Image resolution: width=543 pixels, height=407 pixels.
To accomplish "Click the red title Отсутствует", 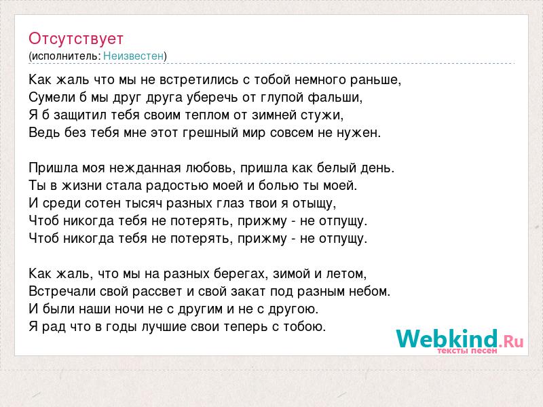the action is pos(76,39).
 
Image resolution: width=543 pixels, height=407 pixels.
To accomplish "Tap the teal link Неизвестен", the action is pos(133,56).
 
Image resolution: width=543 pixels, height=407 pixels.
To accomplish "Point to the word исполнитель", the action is pos(65,56).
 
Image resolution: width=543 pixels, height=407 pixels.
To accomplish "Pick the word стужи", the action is pos(322,115).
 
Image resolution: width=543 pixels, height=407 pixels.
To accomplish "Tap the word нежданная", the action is pos(150,168).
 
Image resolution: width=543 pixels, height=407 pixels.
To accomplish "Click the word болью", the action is pos(280,185).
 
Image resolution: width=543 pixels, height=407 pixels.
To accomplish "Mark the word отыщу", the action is pos(314,203).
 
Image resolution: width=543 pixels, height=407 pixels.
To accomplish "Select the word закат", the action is pos(248,292).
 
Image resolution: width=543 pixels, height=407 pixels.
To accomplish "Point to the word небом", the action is pos(369,292).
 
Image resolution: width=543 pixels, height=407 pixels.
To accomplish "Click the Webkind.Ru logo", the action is pos(460,338).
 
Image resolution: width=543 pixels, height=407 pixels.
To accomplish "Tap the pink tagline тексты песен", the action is pos(467,351).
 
